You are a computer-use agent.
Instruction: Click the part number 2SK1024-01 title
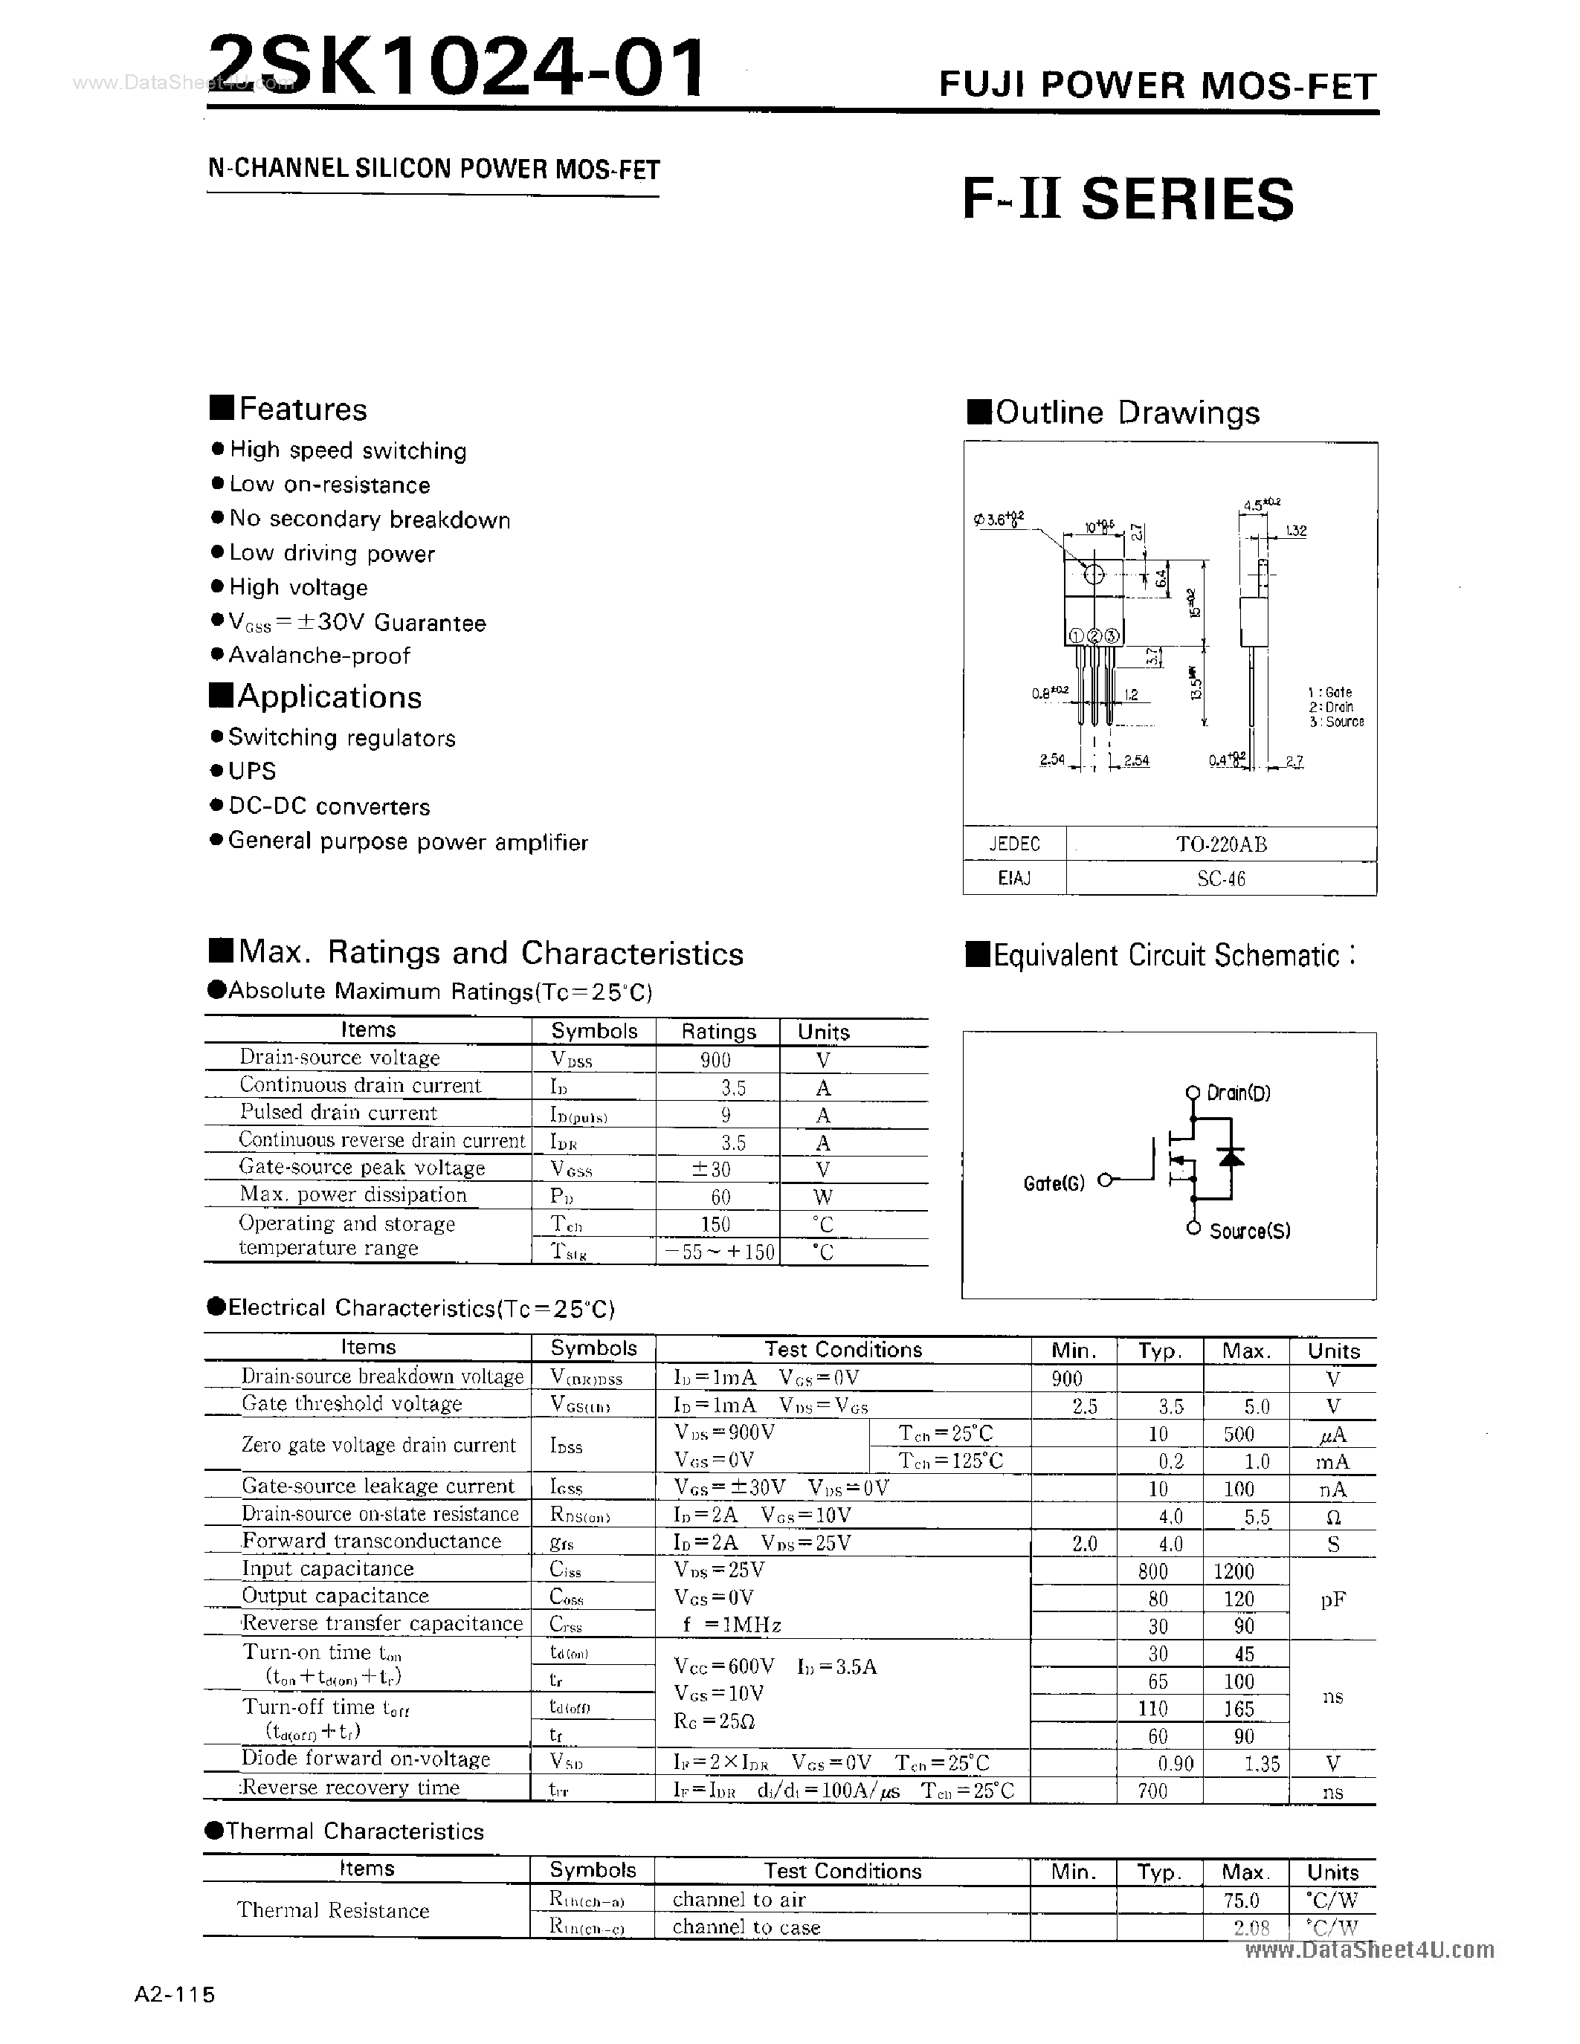456,68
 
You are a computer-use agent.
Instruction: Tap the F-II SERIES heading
1128,199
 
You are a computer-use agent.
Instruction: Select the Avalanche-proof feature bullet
319,655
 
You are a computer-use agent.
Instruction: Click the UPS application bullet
252,772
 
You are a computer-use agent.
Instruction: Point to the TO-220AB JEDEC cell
1221,844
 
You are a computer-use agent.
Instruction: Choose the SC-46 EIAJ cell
1221,879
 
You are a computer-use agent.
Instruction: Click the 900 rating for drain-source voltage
715,1059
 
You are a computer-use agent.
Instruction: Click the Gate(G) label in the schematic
1054,1183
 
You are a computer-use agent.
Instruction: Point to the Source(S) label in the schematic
1250,1232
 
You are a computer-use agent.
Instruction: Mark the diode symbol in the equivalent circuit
1232,1158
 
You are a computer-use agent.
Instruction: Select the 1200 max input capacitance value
1234,1572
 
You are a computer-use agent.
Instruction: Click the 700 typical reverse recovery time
1152,1791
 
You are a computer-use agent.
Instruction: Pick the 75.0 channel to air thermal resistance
1240,1900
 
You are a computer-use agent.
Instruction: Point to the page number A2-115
175,1994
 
